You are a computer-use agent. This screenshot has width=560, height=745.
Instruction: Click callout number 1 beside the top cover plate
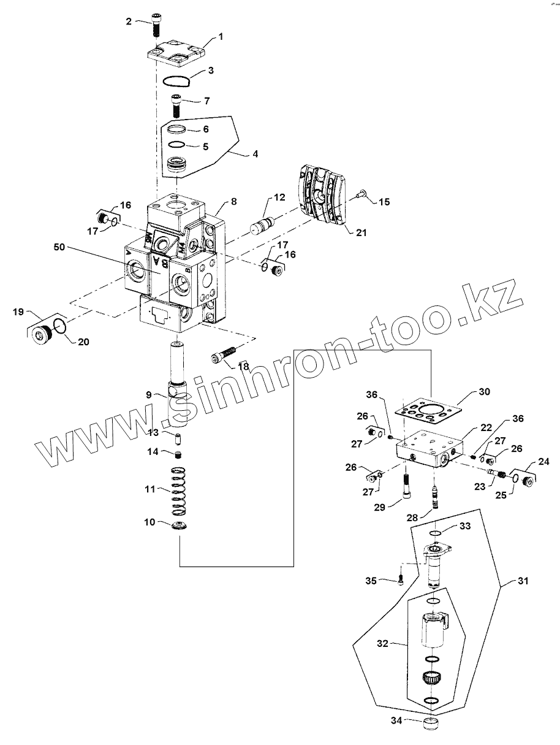point(221,37)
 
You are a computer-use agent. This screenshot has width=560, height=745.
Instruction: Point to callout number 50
point(59,247)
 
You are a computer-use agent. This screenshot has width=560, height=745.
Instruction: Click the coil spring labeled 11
point(178,491)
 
